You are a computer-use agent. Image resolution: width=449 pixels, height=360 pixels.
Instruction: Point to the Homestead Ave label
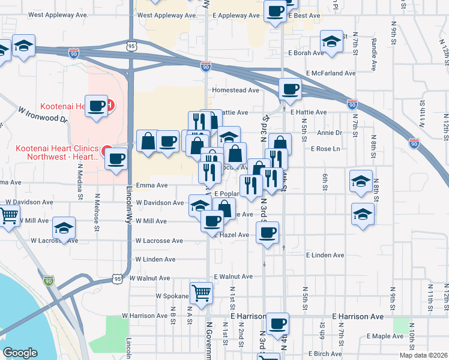tap(235, 91)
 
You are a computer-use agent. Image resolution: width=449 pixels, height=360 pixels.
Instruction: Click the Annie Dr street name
tap(330, 133)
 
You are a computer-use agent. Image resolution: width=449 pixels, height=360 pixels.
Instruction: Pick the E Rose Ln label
tap(325, 149)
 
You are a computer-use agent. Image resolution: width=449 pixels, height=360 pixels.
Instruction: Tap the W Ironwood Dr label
tap(43, 114)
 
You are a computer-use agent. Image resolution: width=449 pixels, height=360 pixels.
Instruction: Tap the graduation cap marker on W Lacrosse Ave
tap(64, 228)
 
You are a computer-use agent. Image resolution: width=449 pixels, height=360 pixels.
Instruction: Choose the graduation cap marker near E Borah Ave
tap(331, 41)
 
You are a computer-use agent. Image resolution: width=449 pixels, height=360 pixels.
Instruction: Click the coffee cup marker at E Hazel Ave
tap(267, 232)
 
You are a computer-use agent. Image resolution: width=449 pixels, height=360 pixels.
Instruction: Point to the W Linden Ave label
tap(155, 259)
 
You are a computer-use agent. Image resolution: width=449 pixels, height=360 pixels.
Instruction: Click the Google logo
tap(20, 353)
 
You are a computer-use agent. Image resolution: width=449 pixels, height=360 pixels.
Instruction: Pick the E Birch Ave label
tap(326, 354)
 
